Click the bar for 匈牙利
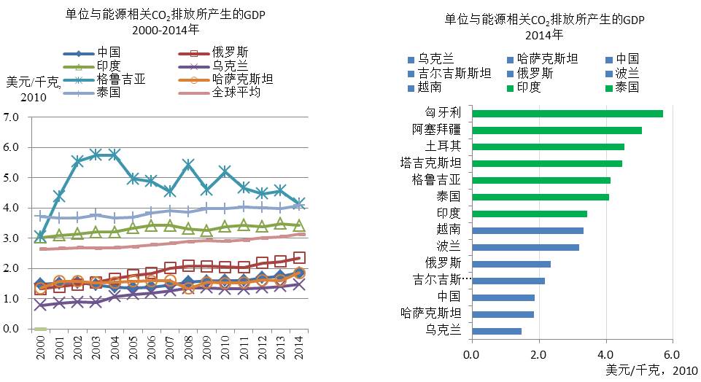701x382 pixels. (568, 114)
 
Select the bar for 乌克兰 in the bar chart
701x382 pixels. (497, 331)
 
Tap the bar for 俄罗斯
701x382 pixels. (511, 264)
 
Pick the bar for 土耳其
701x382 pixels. (548, 147)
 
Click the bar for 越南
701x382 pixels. (527, 230)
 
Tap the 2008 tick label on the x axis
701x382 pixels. (188, 357)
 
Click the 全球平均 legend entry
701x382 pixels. (238, 93)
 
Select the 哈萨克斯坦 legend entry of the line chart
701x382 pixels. (242, 79)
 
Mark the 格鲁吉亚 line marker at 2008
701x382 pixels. (188, 165)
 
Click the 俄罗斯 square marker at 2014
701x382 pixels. (299, 257)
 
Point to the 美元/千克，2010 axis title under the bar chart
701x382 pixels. (645, 370)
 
